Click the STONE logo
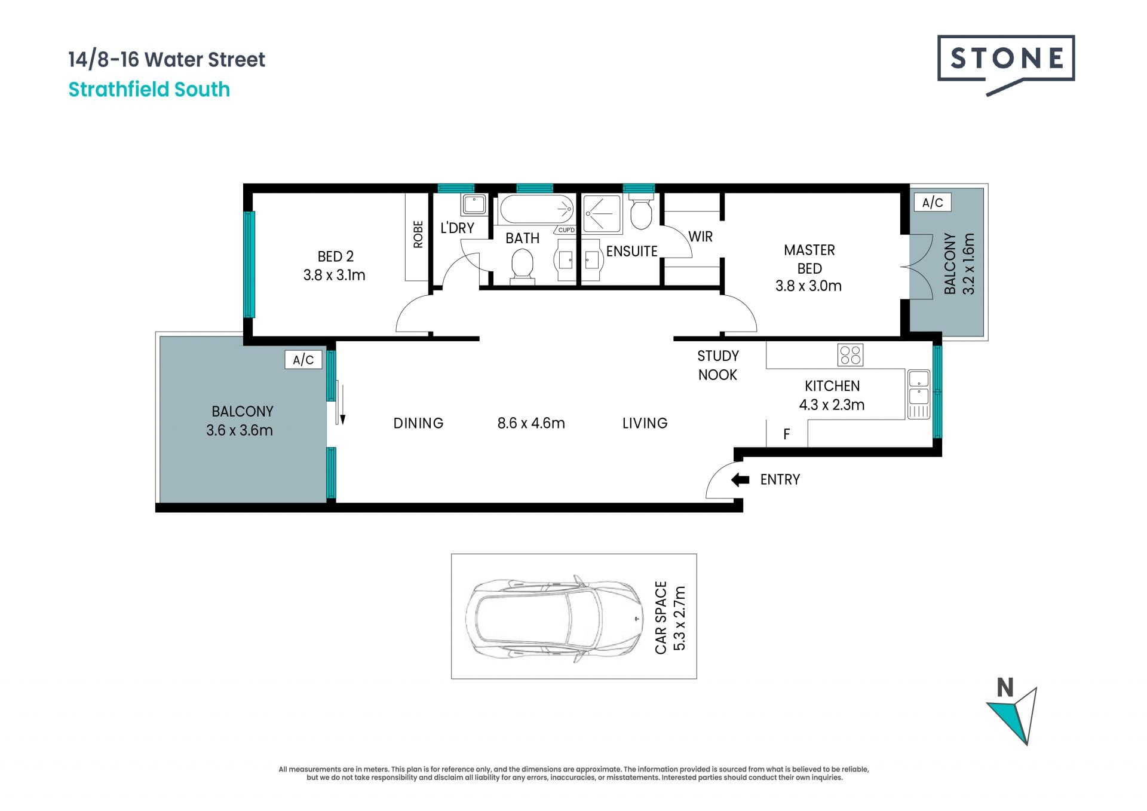[1006, 63]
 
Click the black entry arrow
[740, 479]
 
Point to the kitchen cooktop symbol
[850, 355]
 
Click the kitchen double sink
[919, 394]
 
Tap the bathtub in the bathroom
[536, 209]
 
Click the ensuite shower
[602, 213]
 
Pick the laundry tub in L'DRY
[474, 204]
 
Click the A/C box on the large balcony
[303, 359]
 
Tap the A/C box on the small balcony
[933, 203]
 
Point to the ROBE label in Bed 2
[418, 235]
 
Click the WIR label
[701, 237]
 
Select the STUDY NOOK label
[718, 365]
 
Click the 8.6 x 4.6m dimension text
[531, 423]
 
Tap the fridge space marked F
[787, 434]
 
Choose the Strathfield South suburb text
[149, 90]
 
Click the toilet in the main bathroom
[522, 266]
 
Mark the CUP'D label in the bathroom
[566, 230]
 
